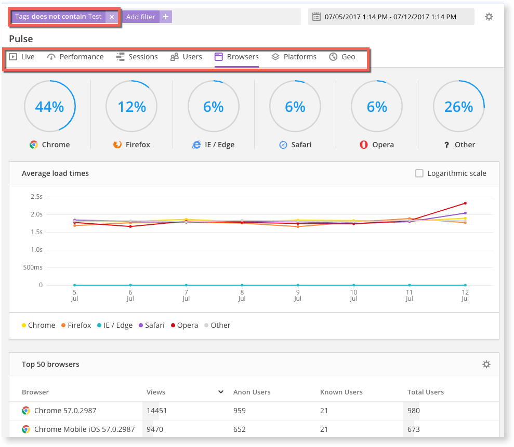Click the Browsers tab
236,57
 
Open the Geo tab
342,57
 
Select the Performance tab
75,57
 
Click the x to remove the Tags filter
112,17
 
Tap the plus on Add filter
166,17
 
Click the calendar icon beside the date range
316,17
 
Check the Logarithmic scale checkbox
419,173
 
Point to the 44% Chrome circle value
49,107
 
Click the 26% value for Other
458,107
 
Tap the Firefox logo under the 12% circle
117,145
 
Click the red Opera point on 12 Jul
465,203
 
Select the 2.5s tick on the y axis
36,197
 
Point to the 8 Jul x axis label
242,296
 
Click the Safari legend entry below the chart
151,325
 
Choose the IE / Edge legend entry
114,325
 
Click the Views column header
156,392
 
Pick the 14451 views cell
156,411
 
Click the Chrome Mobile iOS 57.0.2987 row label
84,429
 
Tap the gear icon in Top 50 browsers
486,364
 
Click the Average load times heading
55,173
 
